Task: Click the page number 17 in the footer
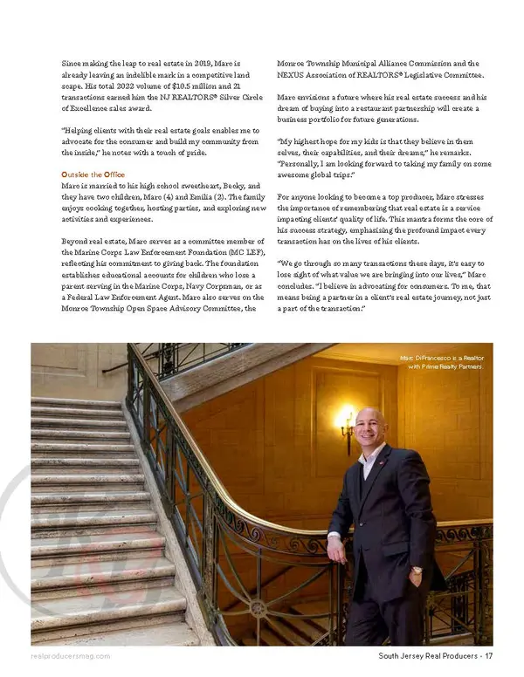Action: tap(489, 656)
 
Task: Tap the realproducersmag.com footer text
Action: tap(70, 656)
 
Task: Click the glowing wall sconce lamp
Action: tap(345, 420)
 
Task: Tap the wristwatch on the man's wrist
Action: tap(417, 571)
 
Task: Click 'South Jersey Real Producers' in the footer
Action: tap(428, 656)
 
